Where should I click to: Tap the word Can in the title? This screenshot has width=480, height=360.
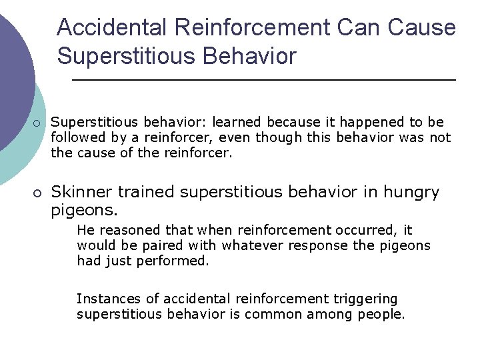point(363,28)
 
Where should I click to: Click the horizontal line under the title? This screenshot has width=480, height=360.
point(263,80)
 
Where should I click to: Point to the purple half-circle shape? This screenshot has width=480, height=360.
point(13,73)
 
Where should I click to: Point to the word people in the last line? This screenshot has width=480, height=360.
point(382,314)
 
